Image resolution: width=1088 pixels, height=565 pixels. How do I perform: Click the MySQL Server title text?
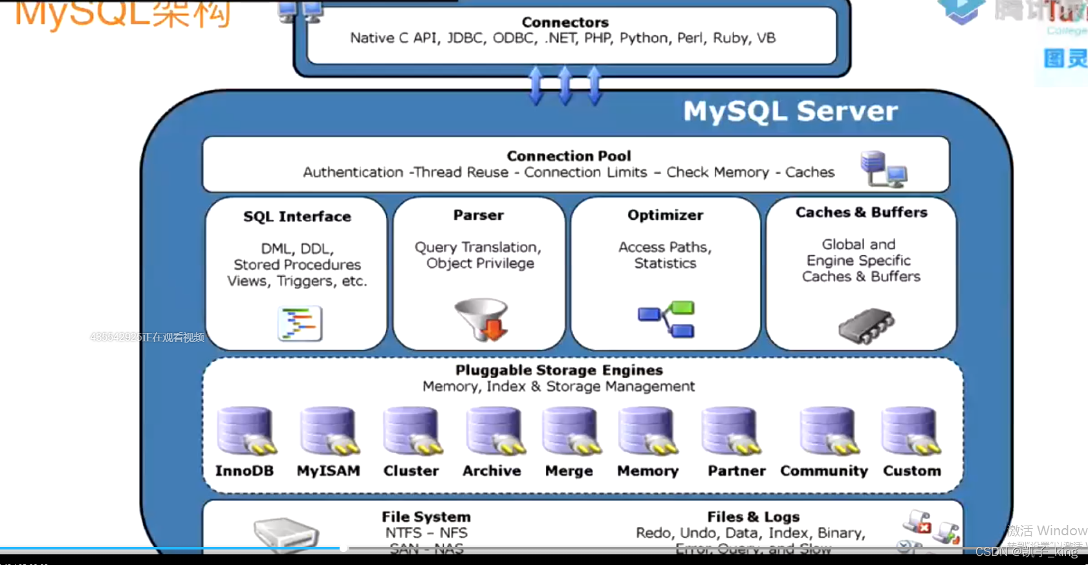[x=790, y=111]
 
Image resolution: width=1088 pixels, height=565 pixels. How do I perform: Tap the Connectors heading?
[x=565, y=23]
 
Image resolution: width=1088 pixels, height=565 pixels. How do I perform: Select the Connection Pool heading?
[x=569, y=156]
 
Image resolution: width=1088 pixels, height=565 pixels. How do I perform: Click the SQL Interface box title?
[x=297, y=217]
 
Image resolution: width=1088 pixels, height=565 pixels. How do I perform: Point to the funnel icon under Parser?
[x=482, y=319]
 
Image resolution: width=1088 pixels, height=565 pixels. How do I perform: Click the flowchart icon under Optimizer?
[x=666, y=319]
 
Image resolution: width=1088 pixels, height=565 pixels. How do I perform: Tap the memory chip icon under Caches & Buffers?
[x=866, y=325]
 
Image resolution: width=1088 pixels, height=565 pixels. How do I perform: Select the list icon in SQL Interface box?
[x=299, y=323]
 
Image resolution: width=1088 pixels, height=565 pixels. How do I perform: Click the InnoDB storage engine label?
[x=245, y=471]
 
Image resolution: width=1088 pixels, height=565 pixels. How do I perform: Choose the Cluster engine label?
[x=411, y=471]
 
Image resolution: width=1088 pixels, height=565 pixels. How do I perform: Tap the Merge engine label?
[x=569, y=471]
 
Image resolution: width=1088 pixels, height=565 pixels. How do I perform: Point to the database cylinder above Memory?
[x=647, y=431]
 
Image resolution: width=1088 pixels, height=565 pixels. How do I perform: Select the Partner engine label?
[x=736, y=471]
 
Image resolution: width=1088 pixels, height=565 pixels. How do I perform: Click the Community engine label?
[x=823, y=471]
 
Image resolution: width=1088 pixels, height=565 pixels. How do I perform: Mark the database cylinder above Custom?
[x=911, y=431]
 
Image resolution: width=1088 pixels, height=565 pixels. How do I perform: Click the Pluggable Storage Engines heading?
[x=559, y=370]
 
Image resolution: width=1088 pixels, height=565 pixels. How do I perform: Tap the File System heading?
[x=426, y=517]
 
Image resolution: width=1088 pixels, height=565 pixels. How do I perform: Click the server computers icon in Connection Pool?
[x=883, y=169]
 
